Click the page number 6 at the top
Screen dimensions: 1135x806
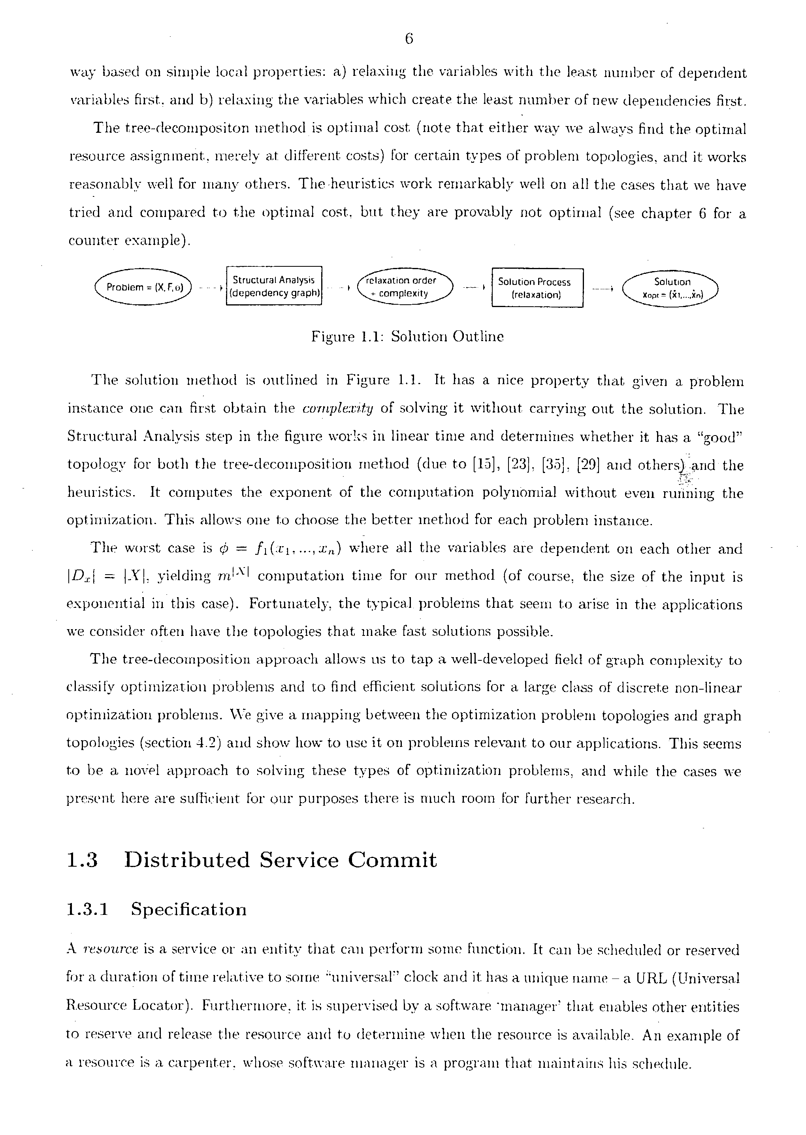(x=409, y=39)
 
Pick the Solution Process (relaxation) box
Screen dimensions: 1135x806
(x=537, y=288)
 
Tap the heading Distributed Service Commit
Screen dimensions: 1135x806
(x=281, y=860)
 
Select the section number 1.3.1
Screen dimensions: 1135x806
(x=87, y=910)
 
